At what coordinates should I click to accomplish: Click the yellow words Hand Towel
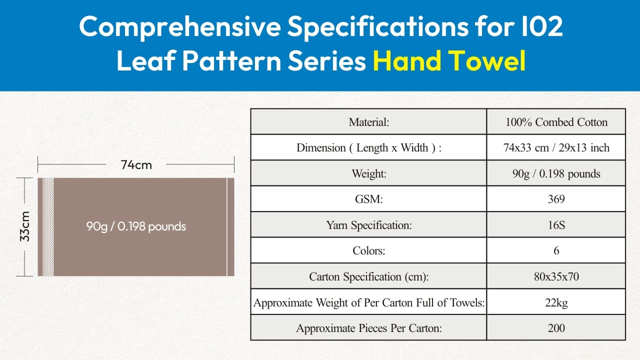coord(449,60)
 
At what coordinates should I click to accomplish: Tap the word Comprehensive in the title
coord(180,26)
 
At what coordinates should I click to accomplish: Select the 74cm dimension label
coord(136,165)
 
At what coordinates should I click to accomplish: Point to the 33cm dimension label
coord(25,226)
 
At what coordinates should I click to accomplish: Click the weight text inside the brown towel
coord(136,226)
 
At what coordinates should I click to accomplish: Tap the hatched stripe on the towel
coord(48,227)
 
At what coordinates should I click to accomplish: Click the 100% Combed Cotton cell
coord(556,122)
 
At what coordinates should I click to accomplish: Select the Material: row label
coord(369,122)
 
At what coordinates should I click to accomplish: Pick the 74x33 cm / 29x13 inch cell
coord(556,147)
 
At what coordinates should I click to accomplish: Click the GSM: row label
coord(369,199)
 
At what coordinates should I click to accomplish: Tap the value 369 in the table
coord(556,199)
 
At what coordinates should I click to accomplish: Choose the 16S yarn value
coord(556,225)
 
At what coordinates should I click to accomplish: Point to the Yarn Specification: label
coord(369,225)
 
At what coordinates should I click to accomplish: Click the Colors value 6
coord(556,250)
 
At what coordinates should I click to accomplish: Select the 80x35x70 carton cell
coord(556,276)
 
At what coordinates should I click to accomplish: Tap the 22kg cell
coord(556,302)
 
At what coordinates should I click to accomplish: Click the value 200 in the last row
coord(556,328)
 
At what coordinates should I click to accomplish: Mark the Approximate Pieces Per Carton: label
coord(369,328)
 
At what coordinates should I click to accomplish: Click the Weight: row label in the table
coord(369,173)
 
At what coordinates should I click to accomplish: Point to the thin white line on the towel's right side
coord(227,227)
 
